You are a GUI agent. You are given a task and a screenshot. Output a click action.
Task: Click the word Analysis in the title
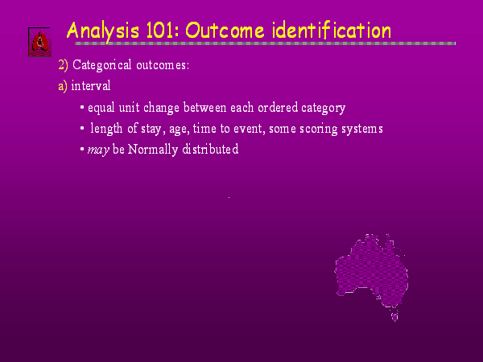click(102, 31)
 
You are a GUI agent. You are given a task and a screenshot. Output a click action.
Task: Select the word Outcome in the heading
click(225, 31)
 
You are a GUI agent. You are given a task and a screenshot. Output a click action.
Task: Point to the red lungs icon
click(39, 42)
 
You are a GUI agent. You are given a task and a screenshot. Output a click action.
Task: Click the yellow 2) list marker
click(63, 65)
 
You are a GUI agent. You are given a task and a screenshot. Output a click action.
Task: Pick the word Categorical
click(102, 65)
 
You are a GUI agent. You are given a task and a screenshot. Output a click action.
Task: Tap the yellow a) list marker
click(63, 86)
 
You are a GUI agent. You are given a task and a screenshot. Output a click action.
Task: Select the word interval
click(91, 85)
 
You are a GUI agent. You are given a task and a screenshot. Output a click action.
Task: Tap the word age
click(179, 130)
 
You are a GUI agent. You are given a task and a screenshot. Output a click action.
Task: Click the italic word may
click(98, 150)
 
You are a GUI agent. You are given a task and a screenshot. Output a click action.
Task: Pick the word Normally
click(153, 150)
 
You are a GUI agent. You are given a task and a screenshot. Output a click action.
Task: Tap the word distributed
click(210, 150)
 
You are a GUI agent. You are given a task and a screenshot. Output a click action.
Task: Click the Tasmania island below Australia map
click(394, 316)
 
